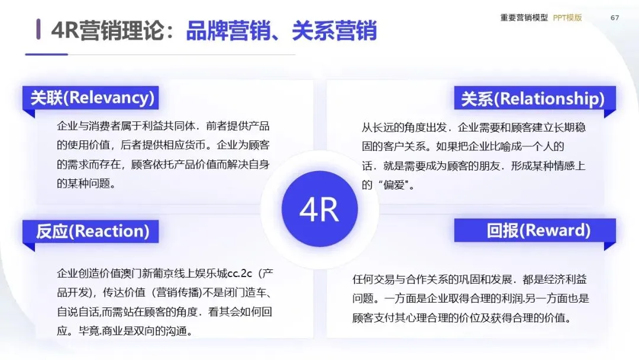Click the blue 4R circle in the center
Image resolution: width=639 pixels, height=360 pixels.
click(x=319, y=209)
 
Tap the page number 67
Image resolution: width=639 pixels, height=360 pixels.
click(x=615, y=18)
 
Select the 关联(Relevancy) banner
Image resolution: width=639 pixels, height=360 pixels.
click(x=91, y=98)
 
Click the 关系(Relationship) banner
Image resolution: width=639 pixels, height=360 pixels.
click(x=532, y=98)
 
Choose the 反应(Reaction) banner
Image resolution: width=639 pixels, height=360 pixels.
click(x=91, y=231)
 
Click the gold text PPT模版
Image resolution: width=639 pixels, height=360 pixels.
click(x=567, y=18)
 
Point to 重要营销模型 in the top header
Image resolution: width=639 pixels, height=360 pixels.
click(x=524, y=18)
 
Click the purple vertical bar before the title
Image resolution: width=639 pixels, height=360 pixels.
click(x=38, y=30)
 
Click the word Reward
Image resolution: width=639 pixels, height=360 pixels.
click(x=557, y=230)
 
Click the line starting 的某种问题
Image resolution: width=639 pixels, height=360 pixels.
click(x=86, y=184)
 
